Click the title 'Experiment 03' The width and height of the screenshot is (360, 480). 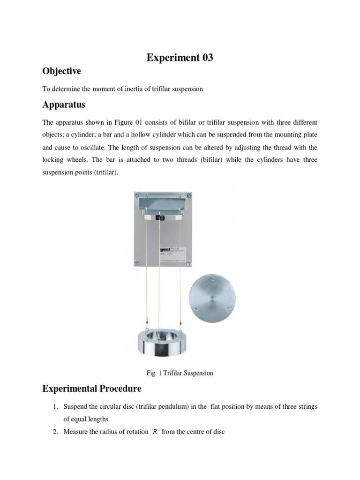pos(180,58)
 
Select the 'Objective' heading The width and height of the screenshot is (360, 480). pos(62,71)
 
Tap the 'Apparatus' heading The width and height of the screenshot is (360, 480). pos(64,105)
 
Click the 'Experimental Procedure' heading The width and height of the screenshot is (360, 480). pos(92,389)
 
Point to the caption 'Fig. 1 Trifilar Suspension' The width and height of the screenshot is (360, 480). pos(180,373)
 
